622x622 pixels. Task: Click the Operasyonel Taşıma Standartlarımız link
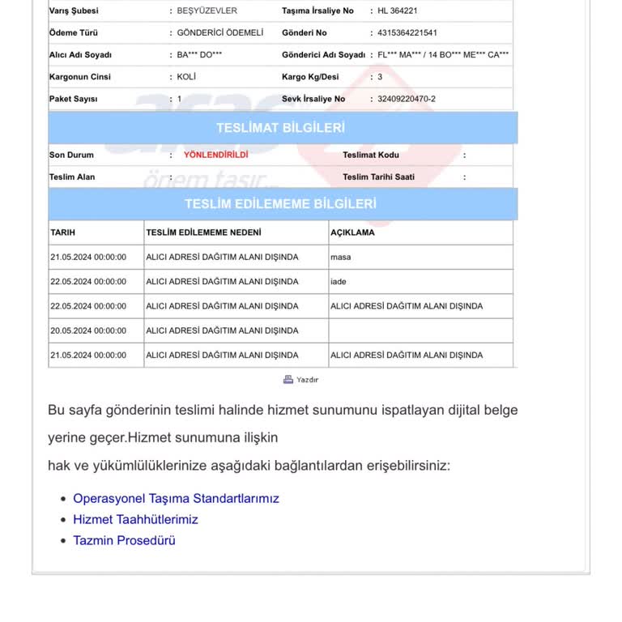coord(176,498)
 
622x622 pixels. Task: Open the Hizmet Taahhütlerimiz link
coord(135,519)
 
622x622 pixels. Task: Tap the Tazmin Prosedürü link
coord(124,540)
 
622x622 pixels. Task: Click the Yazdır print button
coord(301,379)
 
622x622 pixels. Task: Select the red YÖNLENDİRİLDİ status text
coord(215,154)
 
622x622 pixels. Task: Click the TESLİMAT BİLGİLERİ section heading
coord(280,128)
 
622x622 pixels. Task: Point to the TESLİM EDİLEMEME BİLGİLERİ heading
coord(280,203)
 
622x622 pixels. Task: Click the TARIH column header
coord(62,232)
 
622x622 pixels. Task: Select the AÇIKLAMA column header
coord(352,232)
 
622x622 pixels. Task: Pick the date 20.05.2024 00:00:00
coord(88,330)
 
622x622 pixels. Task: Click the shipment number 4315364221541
coord(407,33)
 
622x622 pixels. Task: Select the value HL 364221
coord(398,11)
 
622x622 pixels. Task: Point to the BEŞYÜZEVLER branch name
coord(207,11)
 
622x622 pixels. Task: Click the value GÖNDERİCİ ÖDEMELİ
coord(221,33)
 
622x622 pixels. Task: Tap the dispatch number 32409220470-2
coord(407,99)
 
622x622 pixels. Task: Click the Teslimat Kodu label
coord(371,155)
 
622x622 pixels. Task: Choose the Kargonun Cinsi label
coord(79,77)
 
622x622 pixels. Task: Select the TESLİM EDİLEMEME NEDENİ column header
coord(203,232)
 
